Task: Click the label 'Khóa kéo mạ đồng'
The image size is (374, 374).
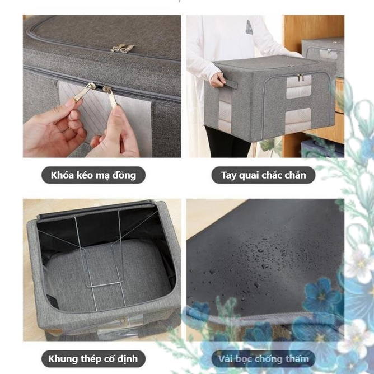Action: point(93,175)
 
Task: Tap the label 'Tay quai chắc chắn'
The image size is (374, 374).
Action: point(263,175)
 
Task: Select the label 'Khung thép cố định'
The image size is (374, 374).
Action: point(93,359)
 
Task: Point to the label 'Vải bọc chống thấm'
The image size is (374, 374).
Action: point(263,359)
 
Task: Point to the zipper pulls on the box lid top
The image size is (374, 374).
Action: point(123,48)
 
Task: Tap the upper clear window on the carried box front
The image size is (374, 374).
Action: point(298,86)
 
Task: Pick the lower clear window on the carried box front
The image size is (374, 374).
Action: point(298,121)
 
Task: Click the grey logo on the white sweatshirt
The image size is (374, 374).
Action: point(249,27)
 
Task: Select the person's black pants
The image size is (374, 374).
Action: point(227,142)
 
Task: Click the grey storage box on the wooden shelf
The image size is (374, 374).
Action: point(322,57)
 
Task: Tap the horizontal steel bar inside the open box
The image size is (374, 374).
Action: point(105,284)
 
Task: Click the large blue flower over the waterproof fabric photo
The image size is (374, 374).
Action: point(321,295)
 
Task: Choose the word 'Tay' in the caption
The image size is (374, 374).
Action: point(229,176)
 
